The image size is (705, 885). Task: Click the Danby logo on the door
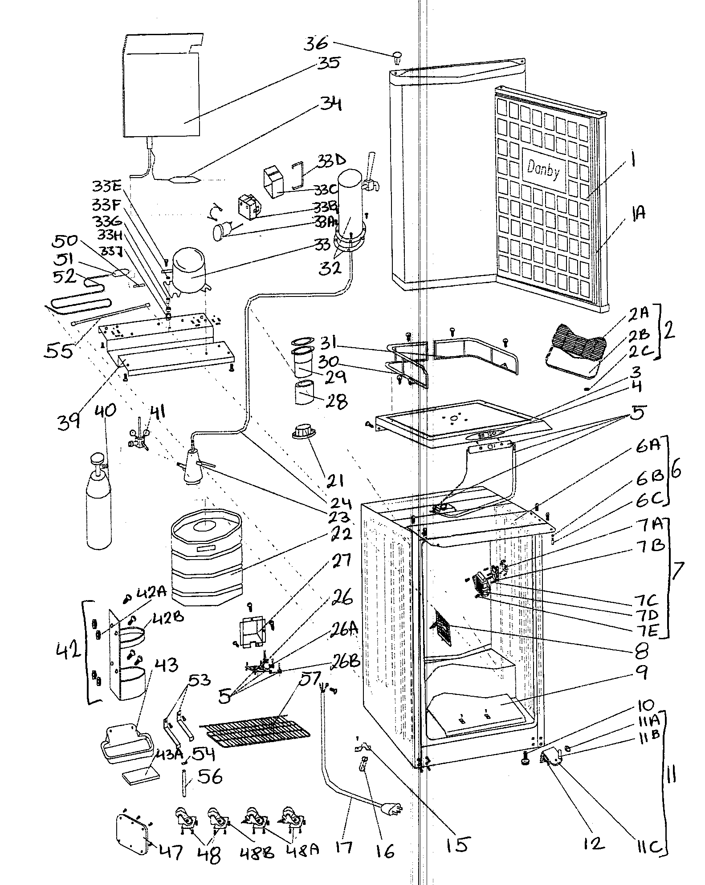(x=543, y=170)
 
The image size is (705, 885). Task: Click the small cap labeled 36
(x=397, y=57)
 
